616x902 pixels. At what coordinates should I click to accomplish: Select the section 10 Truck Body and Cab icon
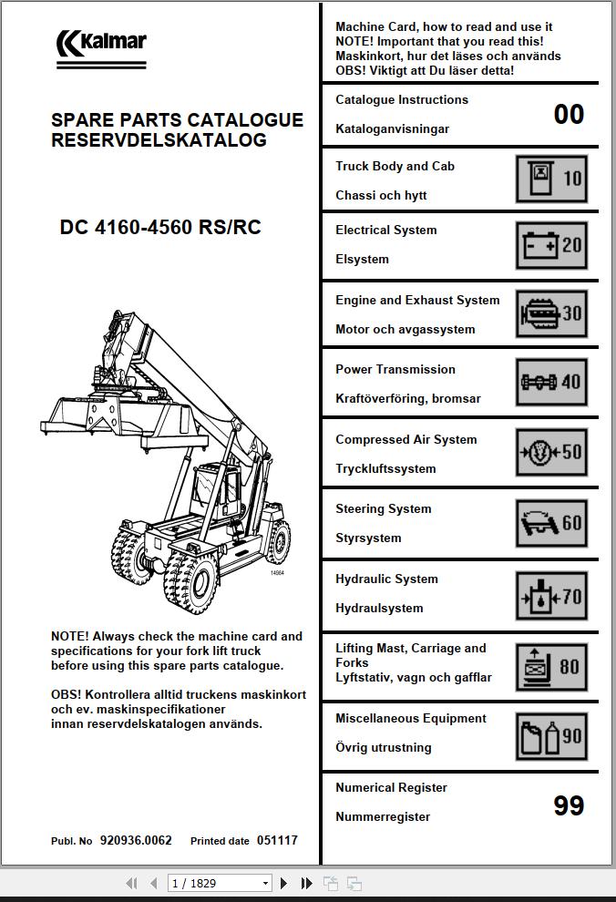[551, 179]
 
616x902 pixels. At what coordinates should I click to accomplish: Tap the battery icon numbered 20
[551, 245]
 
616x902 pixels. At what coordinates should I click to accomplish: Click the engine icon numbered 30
[551, 313]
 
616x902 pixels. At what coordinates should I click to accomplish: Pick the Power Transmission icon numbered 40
[551, 383]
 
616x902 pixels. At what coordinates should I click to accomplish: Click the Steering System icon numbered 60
[551, 523]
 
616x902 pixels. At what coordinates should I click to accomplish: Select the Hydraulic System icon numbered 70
[551, 597]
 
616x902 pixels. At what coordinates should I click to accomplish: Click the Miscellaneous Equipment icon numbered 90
[551, 736]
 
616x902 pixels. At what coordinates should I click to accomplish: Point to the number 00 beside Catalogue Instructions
[569, 114]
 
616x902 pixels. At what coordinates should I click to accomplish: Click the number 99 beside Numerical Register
[569, 805]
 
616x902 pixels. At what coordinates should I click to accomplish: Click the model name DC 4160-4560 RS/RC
[160, 228]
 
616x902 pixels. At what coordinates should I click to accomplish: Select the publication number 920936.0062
[136, 841]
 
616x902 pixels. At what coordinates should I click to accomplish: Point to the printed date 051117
[277, 841]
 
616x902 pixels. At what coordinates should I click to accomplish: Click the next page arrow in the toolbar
[284, 883]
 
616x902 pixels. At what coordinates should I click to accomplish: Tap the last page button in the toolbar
[307, 883]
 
